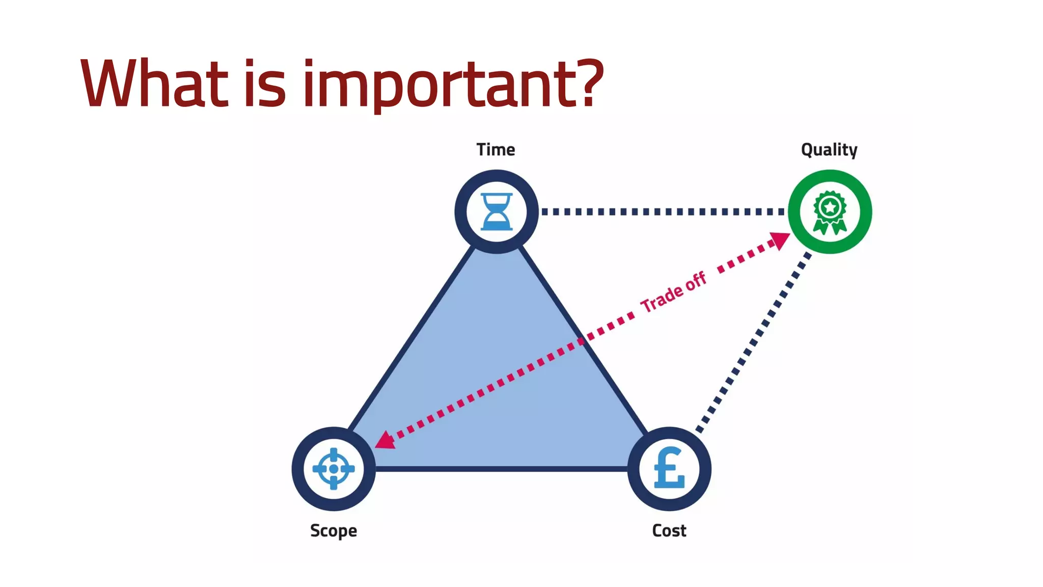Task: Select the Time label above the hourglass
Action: (496, 150)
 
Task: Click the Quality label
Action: (829, 150)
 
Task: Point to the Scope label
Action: (334, 531)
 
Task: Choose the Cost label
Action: (669, 531)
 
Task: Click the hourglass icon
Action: (497, 211)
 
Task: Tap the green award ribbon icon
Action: (830, 212)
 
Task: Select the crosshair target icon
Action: (334, 469)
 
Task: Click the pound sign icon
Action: (669, 468)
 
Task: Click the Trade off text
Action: (673, 292)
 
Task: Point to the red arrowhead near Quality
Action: (780, 240)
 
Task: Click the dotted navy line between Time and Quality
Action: (662, 211)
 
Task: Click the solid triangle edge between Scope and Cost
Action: (502, 468)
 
